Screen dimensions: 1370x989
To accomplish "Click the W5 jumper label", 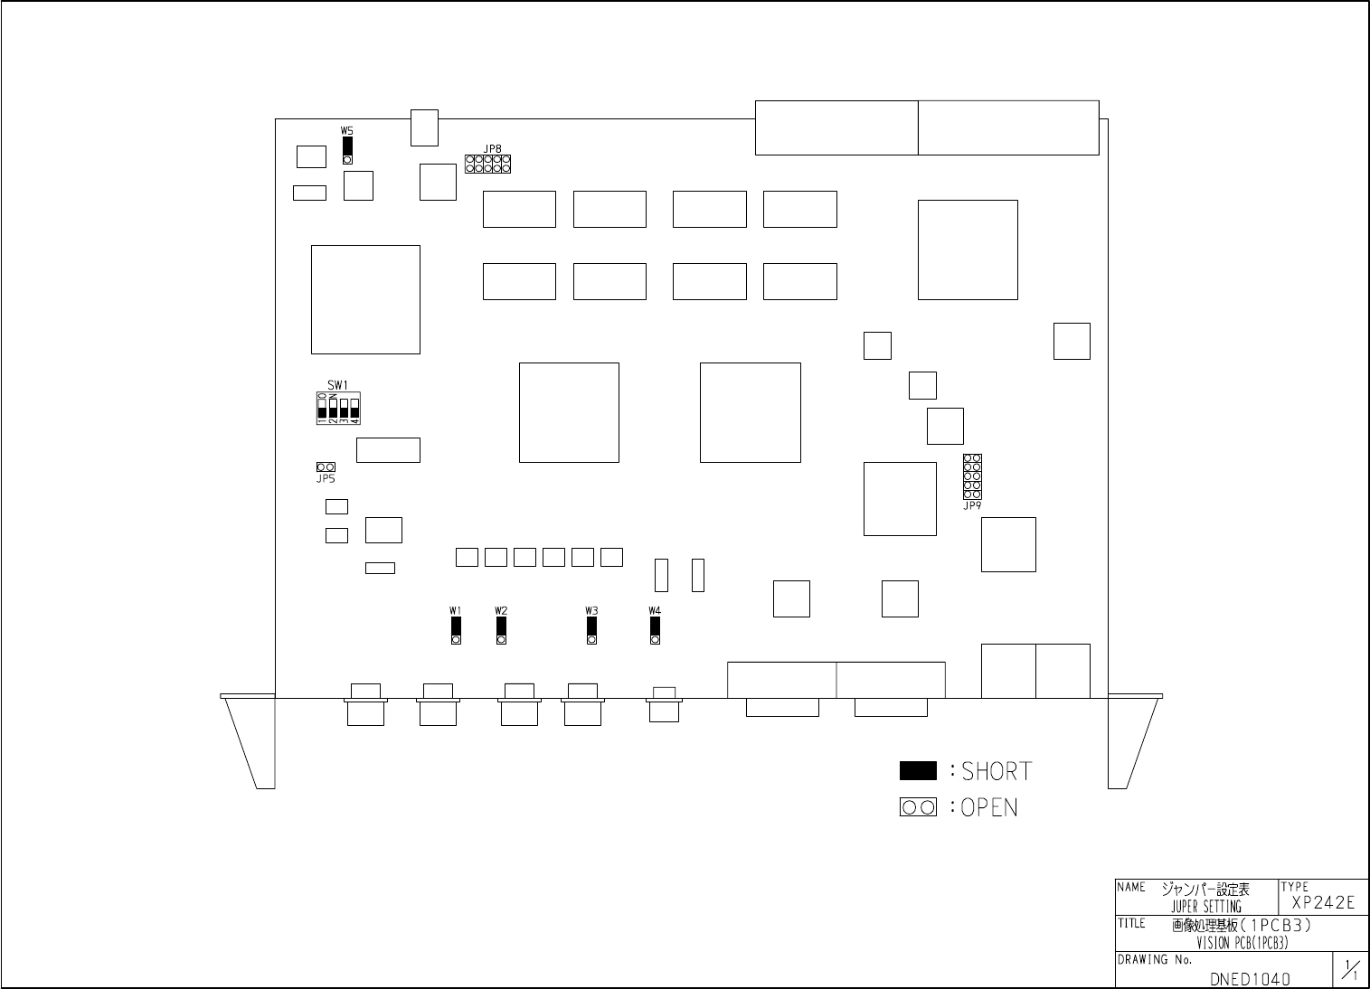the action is [346, 131].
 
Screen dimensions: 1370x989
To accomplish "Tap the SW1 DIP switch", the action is [338, 409].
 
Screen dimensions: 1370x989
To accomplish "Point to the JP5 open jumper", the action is [325, 466].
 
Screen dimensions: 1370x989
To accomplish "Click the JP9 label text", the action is [972, 506].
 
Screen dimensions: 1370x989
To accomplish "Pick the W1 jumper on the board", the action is [456, 629].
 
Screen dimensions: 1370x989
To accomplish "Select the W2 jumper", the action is [501, 629].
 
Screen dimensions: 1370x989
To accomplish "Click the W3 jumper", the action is [591, 629].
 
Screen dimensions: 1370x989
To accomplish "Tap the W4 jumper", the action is [655, 629].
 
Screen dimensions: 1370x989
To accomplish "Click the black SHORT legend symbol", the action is [918, 771].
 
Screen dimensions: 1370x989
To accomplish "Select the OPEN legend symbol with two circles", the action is [918, 807].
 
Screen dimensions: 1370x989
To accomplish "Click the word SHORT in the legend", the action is [997, 772].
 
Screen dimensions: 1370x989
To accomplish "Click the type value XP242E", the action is [1323, 902].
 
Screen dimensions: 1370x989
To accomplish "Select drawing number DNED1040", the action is [1250, 978].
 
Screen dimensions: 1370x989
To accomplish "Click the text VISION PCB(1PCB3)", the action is [1242, 943].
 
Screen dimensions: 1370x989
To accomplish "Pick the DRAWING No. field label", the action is [1155, 960].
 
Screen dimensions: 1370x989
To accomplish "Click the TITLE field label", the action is [1132, 924].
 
